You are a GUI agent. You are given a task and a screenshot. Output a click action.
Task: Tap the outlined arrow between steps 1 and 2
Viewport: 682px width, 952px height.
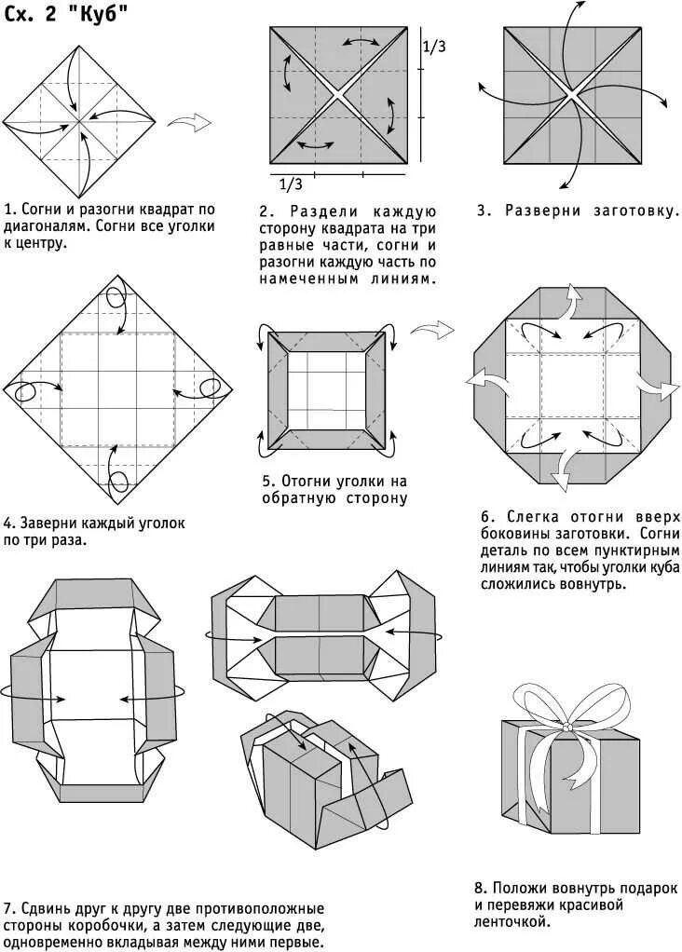click(188, 121)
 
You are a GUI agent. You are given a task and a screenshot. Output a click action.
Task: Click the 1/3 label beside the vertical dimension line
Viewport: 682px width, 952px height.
click(434, 46)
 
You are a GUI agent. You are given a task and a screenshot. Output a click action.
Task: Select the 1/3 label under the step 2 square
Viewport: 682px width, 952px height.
click(291, 184)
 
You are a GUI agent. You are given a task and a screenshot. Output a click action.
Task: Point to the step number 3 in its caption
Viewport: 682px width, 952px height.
click(483, 211)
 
